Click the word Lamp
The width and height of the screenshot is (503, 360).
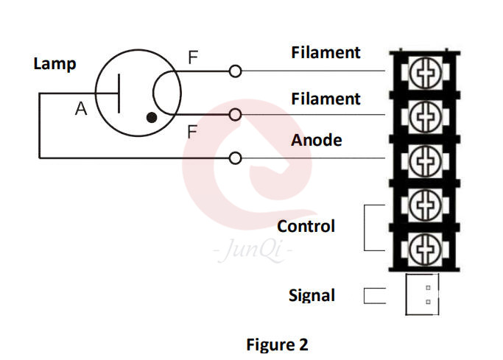[x=54, y=64]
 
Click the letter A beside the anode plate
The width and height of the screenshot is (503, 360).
[x=81, y=110]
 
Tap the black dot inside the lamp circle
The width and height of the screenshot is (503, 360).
[x=152, y=117]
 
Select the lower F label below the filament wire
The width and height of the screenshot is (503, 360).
[x=192, y=133]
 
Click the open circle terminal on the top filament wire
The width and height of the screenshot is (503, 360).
[x=235, y=71]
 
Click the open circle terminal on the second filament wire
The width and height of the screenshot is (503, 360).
[x=235, y=114]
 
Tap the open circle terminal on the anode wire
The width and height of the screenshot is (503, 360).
[x=235, y=158]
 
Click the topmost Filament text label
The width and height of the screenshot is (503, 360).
[x=326, y=53]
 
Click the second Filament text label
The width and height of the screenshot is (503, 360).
[x=326, y=99]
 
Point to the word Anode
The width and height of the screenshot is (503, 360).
[x=317, y=140]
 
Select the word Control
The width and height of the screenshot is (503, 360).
[x=306, y=226]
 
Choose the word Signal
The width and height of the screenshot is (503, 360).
[x=312, y=296]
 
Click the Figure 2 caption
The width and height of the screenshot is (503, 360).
[x=277, y=345]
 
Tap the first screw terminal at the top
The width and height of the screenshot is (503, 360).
[x=423, y=72]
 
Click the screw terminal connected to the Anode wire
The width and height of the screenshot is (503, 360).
[x=423, y=158]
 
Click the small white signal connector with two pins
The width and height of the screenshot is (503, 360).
[x=423, y=294]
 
